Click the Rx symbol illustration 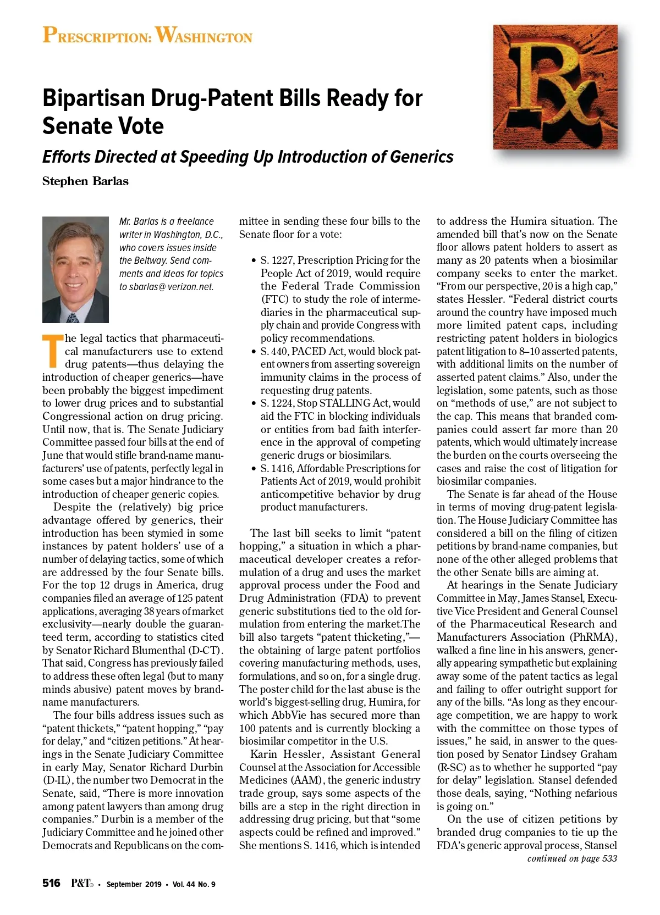point(555,87)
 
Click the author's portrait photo point(75,269)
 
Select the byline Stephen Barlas point(85,181)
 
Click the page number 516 point(52,883)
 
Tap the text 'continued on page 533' point(572,858)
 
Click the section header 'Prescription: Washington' point(147,36)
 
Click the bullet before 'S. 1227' point(253,261)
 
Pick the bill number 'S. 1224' point(277,403)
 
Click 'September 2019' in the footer point(134,884)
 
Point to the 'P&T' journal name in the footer point(81,883)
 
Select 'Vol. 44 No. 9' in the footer point(194,884)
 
